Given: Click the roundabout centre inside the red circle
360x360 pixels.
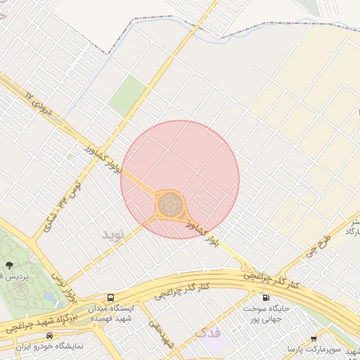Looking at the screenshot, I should [x=169, y=205].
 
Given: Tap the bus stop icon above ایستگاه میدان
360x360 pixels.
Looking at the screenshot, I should [x=110, y=297].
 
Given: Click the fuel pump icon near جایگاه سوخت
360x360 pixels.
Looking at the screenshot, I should [x=264, y=297].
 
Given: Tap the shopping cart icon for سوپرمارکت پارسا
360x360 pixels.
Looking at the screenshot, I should [x=313, y=338].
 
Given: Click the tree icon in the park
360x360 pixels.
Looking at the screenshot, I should [x=10, y=265].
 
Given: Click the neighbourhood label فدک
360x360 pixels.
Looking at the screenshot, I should [x=207, y=332].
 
